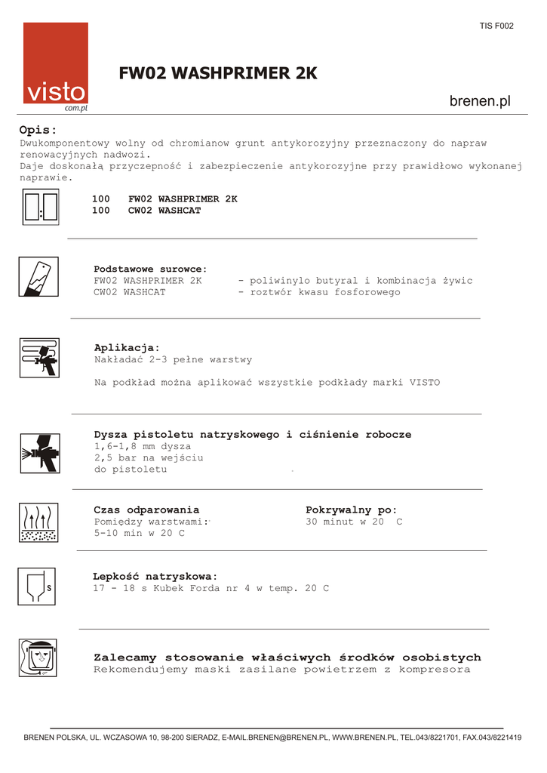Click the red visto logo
(55, 66)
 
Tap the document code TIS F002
(496, 26)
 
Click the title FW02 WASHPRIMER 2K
(218, 73)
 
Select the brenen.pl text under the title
(480, 101)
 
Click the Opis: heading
(38, 130)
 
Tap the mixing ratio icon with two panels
(41, 207)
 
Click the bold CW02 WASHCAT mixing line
(164, 211)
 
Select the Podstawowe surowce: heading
(150, 269)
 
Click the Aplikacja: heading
(127, 347)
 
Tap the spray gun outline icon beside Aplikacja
(39, 357)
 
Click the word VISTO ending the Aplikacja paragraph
(425, 383)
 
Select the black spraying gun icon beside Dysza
(39, 452)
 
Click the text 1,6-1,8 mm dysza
(143, 446)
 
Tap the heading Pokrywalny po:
(351, 510)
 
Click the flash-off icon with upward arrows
(38, 522)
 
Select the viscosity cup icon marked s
(37, 586)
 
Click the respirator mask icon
(38, 658)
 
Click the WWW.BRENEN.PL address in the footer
(364, 738)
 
